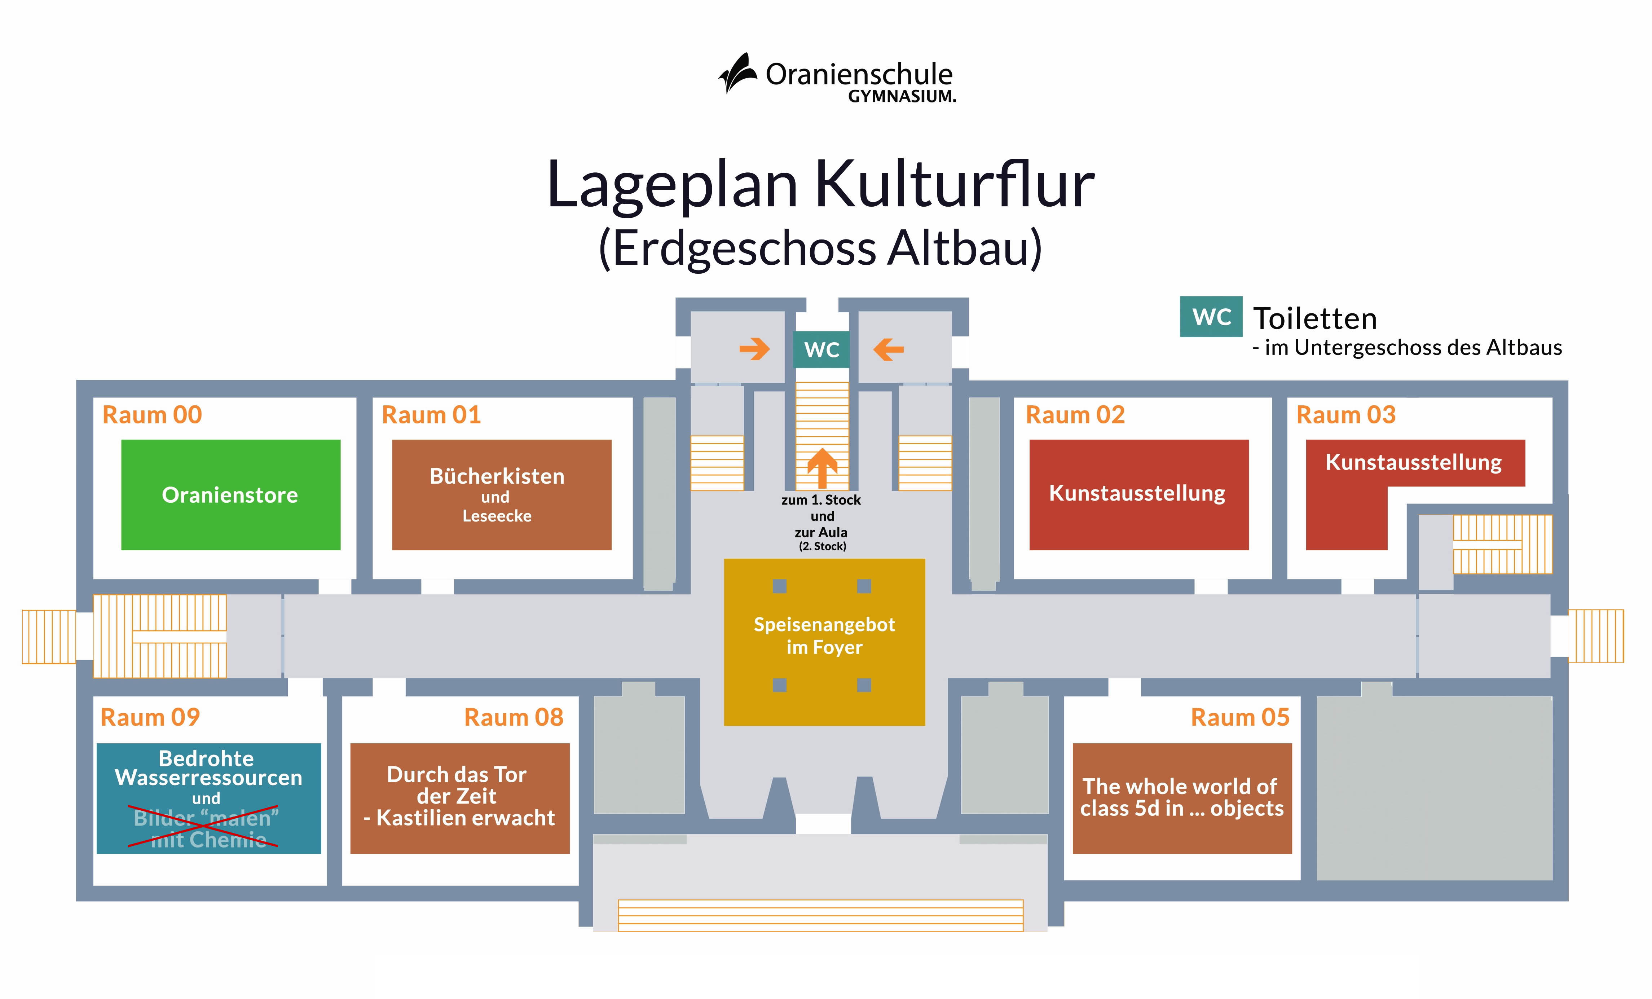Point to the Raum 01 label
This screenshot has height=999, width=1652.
click(431, 415)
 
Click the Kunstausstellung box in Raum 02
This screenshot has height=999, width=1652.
click(1138, 495)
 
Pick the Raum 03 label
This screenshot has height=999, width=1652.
click(1345, 415)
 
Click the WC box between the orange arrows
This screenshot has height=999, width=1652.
click(821, 349)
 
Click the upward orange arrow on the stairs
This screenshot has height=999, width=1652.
click(822, 467)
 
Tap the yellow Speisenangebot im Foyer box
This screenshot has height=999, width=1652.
click(824, 642)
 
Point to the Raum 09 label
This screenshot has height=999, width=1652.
click(150, 717)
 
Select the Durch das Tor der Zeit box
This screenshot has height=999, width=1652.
click(459, 798)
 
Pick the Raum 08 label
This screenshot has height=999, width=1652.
click(514, 717)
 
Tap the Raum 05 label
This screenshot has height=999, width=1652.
click(1240, 717)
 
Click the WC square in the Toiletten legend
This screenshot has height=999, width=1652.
click(1211, 316)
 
